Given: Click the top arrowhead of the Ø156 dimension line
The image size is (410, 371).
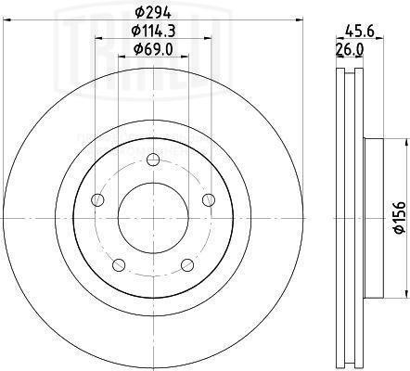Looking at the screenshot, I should [x=404, y=142].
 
